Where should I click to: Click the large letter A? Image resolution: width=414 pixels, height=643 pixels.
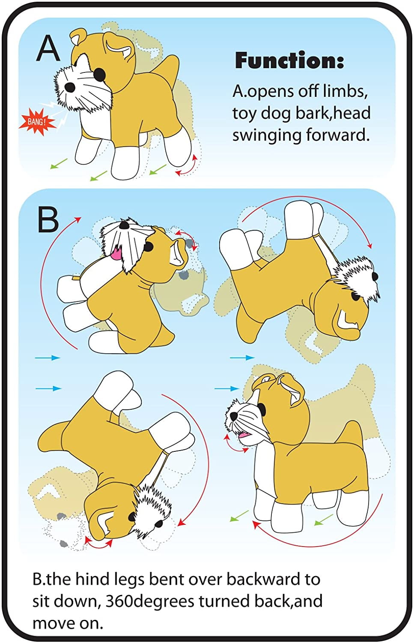click(x=48, y=48)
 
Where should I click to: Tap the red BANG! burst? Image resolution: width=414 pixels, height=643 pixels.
click(x=36, y=122)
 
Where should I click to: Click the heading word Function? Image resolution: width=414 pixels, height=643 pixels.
click(x=289, y=60)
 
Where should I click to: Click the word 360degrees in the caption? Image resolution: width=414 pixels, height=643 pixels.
click(x=150, y=601)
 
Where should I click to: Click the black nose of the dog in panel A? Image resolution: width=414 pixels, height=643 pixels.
click(x=69, y=87)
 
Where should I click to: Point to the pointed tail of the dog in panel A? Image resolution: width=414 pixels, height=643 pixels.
click(x=169, y=67)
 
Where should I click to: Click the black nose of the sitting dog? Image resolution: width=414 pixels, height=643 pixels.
click(x=124, y=225)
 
